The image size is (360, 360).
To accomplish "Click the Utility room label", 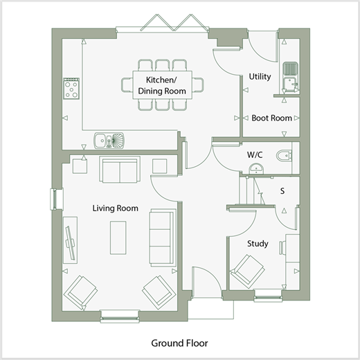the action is tap(260, 77).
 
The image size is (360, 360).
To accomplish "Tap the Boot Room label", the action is tap(271, 118).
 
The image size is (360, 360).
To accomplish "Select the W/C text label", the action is tap(255, 154).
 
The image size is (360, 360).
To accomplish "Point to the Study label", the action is tap(258, 244).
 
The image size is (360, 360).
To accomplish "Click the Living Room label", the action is tap(116, 208).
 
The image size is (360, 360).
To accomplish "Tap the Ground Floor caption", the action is tap(179, 343).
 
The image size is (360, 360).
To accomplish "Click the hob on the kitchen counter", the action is tap(71, 89).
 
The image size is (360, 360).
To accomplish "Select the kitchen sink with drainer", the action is tap(109, 141).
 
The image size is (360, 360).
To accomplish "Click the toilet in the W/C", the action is tap(284, 156).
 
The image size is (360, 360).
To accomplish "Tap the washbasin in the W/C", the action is tap(256, 169).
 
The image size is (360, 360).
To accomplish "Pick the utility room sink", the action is tap(290, 78).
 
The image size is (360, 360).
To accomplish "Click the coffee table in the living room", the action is tap(118, 237).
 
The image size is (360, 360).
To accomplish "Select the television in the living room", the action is tap(70, 240).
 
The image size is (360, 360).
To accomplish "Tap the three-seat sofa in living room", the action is tap(163, 237).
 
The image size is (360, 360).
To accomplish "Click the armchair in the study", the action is tap(247, 271).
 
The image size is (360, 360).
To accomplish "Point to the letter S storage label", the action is tap(282, 191).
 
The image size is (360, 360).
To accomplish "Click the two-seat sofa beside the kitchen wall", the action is tap(120, 170).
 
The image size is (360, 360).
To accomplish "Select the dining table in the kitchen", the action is tap(163, 85).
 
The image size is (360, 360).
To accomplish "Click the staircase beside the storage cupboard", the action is tap(251, 191).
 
